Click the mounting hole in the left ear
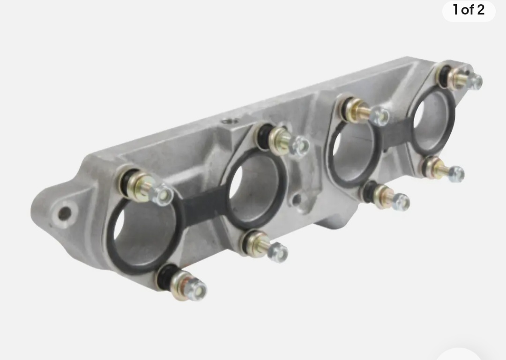point(65,213)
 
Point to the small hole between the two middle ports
point(297,200)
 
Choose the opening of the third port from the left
point(353,155)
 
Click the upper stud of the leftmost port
point(146,186)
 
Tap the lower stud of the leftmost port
point(183,283)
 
